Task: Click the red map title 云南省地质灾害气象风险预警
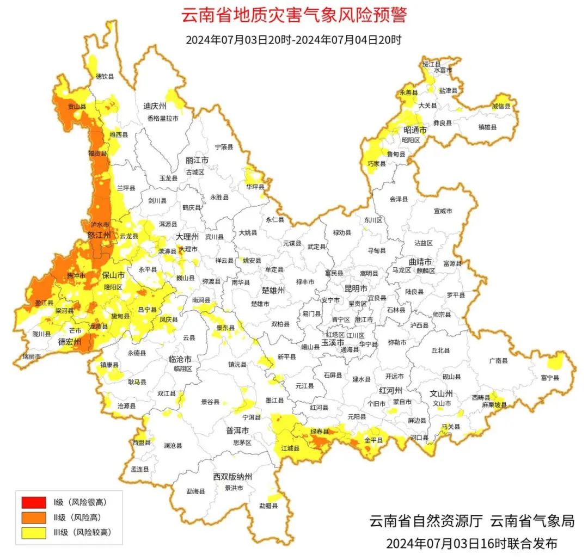click(x=293, y=15)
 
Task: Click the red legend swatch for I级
click(x=34, y=501)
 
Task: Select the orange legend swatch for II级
click(x=34, y=517)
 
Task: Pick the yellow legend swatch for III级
click(x=34, y=533)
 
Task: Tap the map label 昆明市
click(x=356, y=288)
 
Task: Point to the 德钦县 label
click(x=105, y=77)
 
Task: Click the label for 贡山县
click(x=77, y=107)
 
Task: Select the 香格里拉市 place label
click(x=162, y=118)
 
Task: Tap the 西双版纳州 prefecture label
click(x=232, y=477)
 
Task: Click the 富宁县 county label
click(x=550, y=377)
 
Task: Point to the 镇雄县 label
click(x=488, y=127)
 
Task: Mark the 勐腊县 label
click(x=268, y=506)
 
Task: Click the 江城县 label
click(x=290, y=448)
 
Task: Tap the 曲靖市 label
click(x=420, y=261)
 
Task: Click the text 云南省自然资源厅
click(x=426, y=521)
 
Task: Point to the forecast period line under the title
click(x=293, y=40)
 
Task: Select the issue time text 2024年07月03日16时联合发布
click(x=471, y=544)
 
